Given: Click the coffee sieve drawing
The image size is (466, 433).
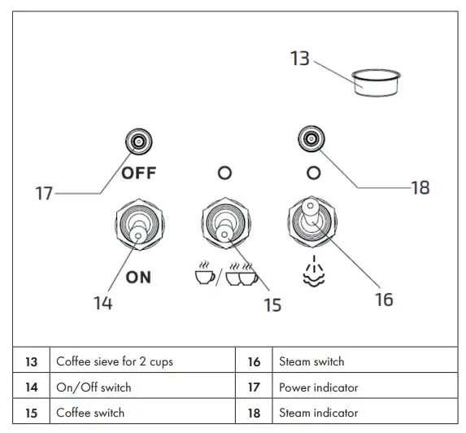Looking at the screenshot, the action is [x=376, y=83].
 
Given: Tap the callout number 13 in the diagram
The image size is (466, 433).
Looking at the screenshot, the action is [x=300, y=59].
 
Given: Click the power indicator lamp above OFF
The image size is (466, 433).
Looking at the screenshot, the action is [x=138, y=142].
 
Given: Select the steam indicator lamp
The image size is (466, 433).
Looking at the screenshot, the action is [x=311, y=138].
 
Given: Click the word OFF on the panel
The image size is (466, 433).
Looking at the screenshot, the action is [x=139, y=173].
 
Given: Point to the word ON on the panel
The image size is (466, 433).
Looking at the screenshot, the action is [x=138, y=278].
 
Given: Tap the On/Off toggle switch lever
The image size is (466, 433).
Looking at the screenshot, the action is [x=138, y=232].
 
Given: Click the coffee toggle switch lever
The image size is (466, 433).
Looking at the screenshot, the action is [x=224, y=231].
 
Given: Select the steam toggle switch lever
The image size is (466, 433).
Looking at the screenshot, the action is [x=311, y=210].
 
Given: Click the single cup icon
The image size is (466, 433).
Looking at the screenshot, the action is [x=204, y=273].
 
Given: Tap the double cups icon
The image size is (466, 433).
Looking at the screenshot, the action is [x=242, y=273].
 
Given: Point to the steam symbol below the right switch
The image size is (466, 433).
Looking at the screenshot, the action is [x=314, y=271].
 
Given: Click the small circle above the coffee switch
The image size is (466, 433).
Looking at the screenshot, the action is [x=224, y=173].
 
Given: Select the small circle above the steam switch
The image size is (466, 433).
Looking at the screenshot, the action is [x=314, y=173].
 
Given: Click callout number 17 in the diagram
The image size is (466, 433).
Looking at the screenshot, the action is [x=44, y=194].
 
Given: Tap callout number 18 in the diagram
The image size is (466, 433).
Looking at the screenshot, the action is [x=420, y=188].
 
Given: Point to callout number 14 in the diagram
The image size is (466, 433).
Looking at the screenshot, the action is [x=103, y=303].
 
